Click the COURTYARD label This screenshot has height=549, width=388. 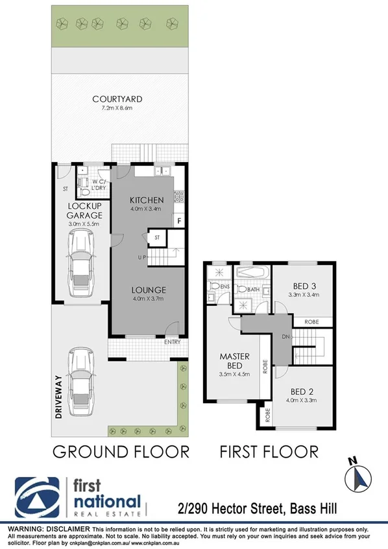coord(117,99)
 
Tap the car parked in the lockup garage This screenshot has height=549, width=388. coord(80,266)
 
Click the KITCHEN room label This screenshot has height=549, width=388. coord(145,200)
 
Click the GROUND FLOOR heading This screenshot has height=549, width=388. coord(120,450)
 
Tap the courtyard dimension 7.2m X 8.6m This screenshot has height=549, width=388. coord(117,110)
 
